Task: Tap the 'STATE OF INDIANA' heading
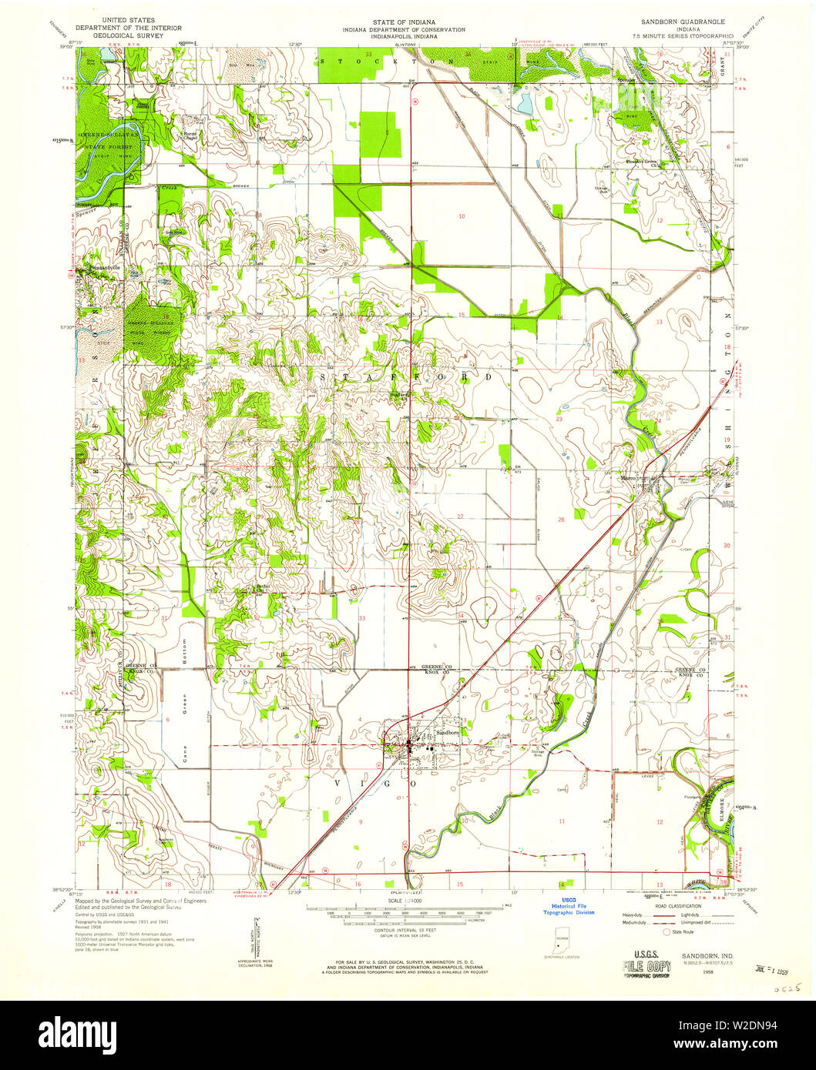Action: [404, 22]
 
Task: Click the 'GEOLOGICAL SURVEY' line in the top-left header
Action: [123, 35]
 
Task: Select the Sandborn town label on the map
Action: [448, 733]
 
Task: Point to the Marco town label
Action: [631, 478]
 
